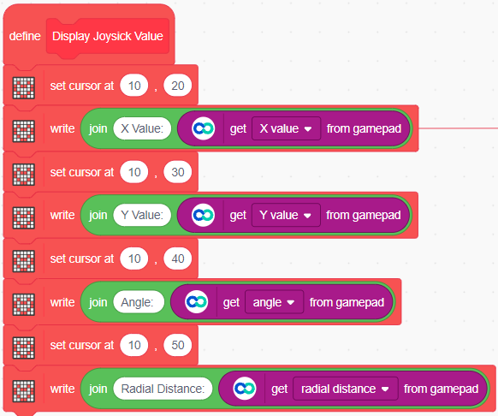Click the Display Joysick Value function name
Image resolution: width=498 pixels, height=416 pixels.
(108, 36)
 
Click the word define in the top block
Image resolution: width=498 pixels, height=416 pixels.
(25, 36)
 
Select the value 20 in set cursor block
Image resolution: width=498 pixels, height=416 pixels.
(177, 86)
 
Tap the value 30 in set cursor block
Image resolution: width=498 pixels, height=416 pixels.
(177, 172)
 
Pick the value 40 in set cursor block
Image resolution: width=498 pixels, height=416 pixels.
(177, 259)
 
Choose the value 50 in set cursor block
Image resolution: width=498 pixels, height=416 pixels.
(177, 345)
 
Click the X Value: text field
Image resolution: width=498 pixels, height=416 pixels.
(142, 128)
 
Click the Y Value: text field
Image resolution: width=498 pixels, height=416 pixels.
(142, 215)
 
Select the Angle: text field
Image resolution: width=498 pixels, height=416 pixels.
(139, 302)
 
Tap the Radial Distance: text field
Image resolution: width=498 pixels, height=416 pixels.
(163, 389)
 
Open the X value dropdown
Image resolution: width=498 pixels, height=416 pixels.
(286, 128)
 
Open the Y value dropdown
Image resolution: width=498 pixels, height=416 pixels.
(286, 215)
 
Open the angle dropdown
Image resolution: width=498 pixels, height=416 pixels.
(274, 302)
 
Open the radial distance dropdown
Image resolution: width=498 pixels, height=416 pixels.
(345, 389)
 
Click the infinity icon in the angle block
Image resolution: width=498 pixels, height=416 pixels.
(196, 302)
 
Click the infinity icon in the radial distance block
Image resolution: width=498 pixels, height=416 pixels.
(245, 389)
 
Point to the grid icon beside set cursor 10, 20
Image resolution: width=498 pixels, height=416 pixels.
(23, 87)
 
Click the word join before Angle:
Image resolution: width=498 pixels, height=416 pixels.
(98, 302)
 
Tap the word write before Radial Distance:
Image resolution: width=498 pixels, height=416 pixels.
(62, 389)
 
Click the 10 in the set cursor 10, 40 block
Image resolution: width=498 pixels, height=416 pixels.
(134, 259)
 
